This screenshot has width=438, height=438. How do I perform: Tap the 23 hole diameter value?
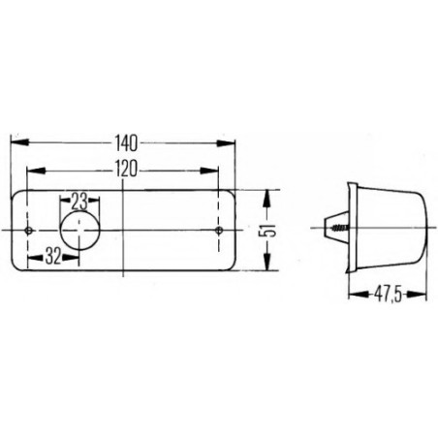click(x=79, y=201)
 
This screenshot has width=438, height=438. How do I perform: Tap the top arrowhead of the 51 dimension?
click(x=268, y=195)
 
